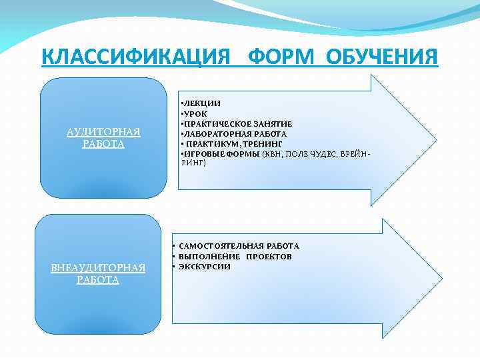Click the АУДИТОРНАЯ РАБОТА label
103,138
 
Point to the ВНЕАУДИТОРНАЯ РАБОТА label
98,274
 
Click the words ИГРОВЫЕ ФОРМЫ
222,154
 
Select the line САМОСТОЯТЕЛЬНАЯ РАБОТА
239,246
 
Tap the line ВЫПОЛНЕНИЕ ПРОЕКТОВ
235,257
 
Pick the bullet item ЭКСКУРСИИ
205,267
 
